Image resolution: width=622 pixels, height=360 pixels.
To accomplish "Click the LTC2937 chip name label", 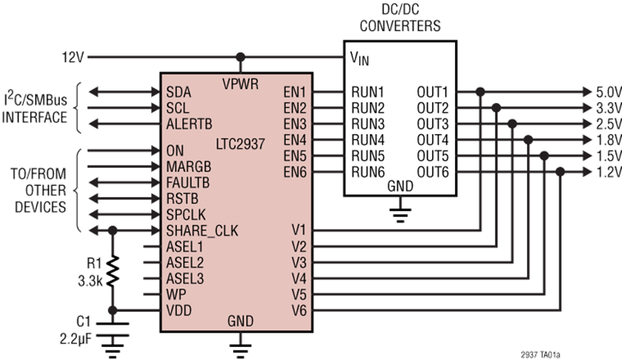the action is pyautogui.click(x=240, y=144).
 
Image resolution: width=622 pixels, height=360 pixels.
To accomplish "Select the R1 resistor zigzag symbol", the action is pyautogui.click(x=112, y=271).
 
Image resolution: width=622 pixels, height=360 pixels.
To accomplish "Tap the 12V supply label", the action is pyautogui.click(x=73, y=58).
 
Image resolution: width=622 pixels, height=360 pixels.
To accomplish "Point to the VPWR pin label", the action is pyautogui.click(x=240, y=84).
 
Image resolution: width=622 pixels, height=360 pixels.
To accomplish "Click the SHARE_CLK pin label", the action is pyautogui.click(x=202, y=230).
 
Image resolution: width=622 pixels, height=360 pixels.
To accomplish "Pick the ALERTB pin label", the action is pyautogui.click(x=189, y=124).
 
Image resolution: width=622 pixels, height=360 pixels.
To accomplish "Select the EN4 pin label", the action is pyautogui.click(x=294, y=140).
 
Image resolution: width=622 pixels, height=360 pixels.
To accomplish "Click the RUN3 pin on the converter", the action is pyautogui.click(x=368, y=125).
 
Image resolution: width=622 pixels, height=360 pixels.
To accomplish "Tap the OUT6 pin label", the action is pyautogui.click(x=433, y=172).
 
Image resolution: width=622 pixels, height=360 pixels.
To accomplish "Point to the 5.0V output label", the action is pyautogui.click(x=608, y=92).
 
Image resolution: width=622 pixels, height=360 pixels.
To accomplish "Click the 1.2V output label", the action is pyautogui.click(x=608, y=172).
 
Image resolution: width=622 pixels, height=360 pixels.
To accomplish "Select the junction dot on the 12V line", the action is pyautogui.click(x=240, y=57).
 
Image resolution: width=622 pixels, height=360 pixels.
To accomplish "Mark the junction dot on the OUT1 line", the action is pyautogui.click(x=480, y=92).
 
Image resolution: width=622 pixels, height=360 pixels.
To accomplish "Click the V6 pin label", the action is pyautogui.click(x=299, y=310).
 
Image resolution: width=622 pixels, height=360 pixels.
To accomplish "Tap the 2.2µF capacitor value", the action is pyautogui.click(x=76, y=338).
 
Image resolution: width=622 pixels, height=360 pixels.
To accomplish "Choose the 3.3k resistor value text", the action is pyautogui.click(x=91, y=281).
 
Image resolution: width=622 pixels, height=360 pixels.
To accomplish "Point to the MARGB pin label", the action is pyautogui.click(x=189, y=167).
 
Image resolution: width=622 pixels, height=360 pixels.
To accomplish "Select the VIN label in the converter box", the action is pyautogui.click(x=360, y=58).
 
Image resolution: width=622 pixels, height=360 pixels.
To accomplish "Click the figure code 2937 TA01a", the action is pyautogui.click(x=541, y=354).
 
